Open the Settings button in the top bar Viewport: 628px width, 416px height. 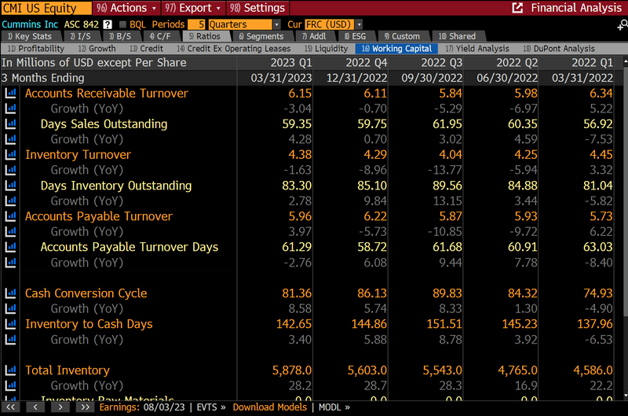(x=258, y=8)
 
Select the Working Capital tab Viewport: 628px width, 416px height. (x=398, y=49)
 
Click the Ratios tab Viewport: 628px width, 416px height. (x=204, y=36)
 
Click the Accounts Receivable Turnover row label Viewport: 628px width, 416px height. (x=107, y=94)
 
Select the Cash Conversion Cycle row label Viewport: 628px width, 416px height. (x=86, y=293)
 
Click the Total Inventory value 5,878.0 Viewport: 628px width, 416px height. (x=291, y=370)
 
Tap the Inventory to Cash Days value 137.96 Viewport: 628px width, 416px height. (x=593, y=324)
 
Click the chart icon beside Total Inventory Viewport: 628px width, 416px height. (x=11, y=370)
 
